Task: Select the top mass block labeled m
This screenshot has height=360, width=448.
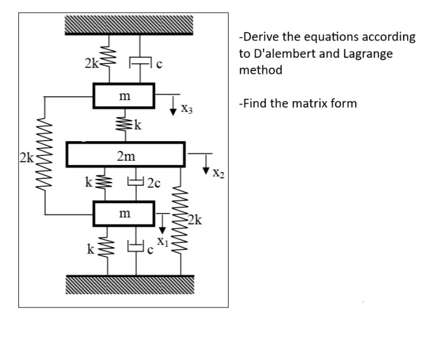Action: pyautogui.click(x=124, y=96)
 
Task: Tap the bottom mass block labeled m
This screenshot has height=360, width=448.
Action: pyautogui.click(x=124, y=214)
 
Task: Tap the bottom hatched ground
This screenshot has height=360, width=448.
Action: pyautogui.click(x=129, y=285)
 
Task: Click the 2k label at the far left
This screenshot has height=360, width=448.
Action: pyautogui.click(x=26, y=157)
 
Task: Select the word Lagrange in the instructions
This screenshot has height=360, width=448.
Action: pyautogui.click(x=370, y=54)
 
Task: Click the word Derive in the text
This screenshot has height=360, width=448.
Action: pyautogui.click(x=259, y=37)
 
